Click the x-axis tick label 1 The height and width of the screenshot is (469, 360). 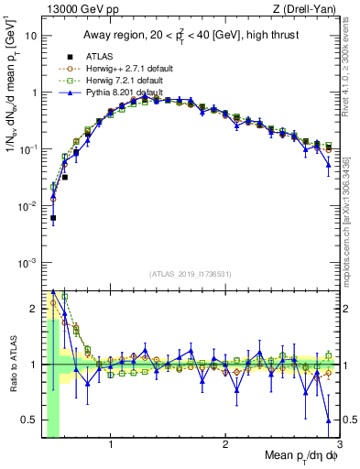point(111,446)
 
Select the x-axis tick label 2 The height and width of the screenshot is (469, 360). point(225,446)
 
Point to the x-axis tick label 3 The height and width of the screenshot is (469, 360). point(339,446)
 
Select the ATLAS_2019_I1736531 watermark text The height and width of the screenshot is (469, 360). point(192,274)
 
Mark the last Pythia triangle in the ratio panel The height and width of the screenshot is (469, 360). point(329,420)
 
